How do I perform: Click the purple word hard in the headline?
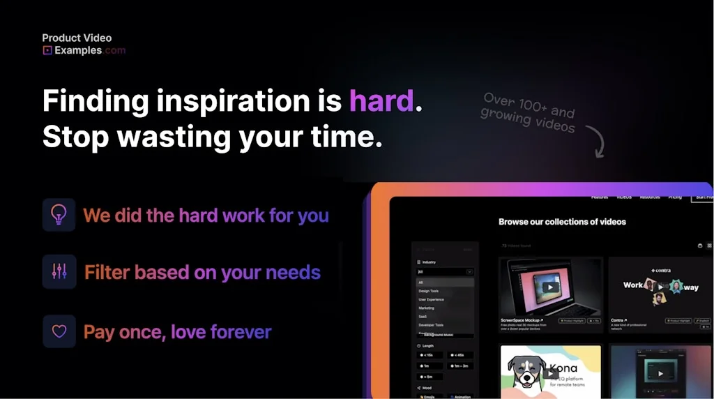point(381,101)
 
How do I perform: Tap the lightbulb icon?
point(59,215)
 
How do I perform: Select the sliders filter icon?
point(59,271)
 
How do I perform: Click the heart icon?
point(59,331)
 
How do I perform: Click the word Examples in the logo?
point(77,50)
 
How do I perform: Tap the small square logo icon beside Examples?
point(47,50)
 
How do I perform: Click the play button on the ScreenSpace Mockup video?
point(551,287)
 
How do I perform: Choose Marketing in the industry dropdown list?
point(426,308)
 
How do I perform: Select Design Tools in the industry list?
point(428,291)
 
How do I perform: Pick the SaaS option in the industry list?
point(423,317)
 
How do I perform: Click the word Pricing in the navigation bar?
point(675,197)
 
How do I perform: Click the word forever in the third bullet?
point(241,331)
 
